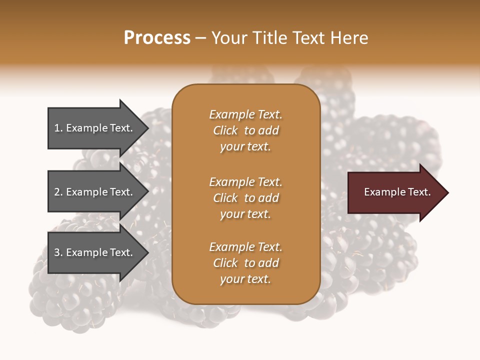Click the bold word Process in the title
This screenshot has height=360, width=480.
tap(157, 38)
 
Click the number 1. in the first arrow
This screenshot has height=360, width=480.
tap(58, 128)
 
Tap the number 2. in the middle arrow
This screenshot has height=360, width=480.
tap(58, 192)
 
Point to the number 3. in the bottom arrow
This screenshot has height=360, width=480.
tap(58, 252)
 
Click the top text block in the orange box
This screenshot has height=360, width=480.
tap(245, 130)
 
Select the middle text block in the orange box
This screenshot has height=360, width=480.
tap(245, 198)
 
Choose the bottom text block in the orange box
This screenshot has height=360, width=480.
tap(245, 263)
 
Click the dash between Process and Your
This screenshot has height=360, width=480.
tap(200, 38)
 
